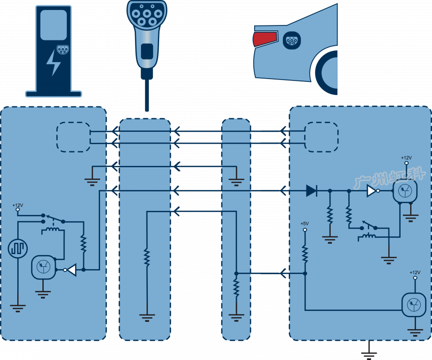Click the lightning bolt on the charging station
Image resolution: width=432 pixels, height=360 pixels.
54,63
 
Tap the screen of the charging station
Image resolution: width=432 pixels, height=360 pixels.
53,25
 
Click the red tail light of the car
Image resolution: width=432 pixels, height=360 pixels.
265,39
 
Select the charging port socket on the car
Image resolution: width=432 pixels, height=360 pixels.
291,41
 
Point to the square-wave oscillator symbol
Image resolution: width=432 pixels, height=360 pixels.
18,249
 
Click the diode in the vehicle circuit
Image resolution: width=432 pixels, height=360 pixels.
311,191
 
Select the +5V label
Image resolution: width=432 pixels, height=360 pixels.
304,223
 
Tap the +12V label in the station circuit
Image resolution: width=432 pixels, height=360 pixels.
17,205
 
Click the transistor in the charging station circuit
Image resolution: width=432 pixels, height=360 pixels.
43,267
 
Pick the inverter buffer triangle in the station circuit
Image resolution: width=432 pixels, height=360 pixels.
71,270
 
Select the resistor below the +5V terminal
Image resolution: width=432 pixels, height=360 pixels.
305,254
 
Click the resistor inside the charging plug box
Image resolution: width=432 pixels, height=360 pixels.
146,257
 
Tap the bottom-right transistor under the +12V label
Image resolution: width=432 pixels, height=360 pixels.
414,305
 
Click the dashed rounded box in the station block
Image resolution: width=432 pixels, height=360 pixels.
73,137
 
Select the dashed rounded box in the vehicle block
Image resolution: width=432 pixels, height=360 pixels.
321,137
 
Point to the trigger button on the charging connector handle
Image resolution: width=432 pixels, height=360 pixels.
147,51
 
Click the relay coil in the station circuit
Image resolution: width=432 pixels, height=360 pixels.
52,232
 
